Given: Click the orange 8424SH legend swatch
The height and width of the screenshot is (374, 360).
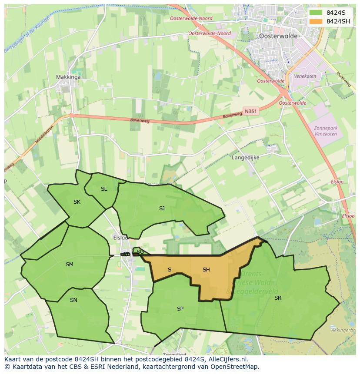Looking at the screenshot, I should pos(316,21).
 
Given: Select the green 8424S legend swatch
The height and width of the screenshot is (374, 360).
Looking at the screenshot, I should pos(316,12).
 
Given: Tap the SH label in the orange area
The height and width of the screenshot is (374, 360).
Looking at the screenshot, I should pos(206,270).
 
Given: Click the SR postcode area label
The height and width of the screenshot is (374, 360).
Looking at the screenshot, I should pos(277,298).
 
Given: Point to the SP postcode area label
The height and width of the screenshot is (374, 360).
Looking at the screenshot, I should pos(180,309).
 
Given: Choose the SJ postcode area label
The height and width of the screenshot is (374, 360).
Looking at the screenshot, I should pos(162,209).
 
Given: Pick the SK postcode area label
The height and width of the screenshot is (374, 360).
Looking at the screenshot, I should pos(77,202).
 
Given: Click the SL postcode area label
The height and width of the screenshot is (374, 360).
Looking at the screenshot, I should pos(103,189).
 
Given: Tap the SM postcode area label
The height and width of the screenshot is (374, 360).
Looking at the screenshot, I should pos(69,264).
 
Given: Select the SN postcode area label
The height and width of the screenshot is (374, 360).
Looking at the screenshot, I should pos(73,300).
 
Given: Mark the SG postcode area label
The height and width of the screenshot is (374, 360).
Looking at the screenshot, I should pos(140,252).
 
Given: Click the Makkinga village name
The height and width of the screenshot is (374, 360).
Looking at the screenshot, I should pos(68,77).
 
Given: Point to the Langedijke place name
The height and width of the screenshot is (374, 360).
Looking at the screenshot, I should pos(246,158).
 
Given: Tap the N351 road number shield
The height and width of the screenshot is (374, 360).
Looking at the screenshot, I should pos(250,111).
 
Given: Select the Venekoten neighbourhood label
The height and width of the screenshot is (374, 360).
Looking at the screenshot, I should pos(305,76).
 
